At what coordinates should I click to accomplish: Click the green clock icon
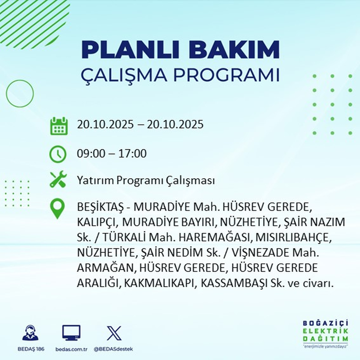[x=58, y=154]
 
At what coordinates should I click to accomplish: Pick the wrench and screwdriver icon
[x=58, y=180]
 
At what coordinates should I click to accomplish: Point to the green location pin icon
[x=58, y=209]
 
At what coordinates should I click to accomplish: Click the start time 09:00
[x=90, y=154]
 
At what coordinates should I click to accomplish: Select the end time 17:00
[x=132, y=154]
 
